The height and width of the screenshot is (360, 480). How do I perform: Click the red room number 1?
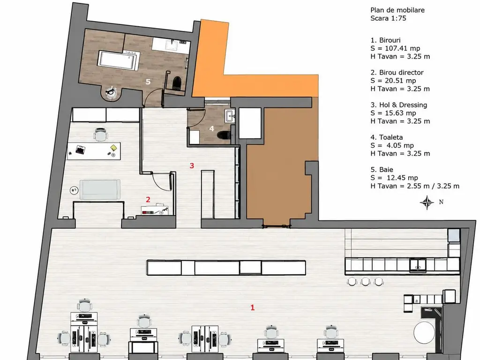[253, 307]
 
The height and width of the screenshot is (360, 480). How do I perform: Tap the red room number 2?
[148, 200]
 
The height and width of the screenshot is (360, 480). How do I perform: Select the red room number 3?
[192, 165]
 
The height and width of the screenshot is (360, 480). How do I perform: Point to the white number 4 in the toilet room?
[212, 128]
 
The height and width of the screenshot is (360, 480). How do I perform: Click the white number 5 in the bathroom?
[148, 82]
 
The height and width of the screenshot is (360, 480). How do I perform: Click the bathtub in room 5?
[118, 60]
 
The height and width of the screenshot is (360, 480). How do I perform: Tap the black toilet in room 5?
[177, 82]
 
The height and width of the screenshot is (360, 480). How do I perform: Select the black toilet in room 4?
[224, 135]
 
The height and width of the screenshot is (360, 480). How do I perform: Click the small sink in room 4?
[230, 116]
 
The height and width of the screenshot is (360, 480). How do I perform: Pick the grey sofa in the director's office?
[99, 189]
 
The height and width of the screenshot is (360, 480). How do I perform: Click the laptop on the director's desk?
[80, 150]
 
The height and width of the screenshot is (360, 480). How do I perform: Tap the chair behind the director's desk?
[101, 135]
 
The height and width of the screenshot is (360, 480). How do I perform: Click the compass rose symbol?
[427, 202]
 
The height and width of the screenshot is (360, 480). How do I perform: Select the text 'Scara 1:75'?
[388, 18]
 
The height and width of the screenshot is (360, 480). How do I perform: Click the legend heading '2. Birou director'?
[397, 73]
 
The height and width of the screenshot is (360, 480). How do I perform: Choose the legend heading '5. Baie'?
[382, 170]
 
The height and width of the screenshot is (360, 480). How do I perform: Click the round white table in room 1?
[424, 332]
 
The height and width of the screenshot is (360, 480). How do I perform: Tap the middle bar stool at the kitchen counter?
[366, 281]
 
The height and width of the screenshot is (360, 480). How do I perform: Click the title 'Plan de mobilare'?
[397, 10]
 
